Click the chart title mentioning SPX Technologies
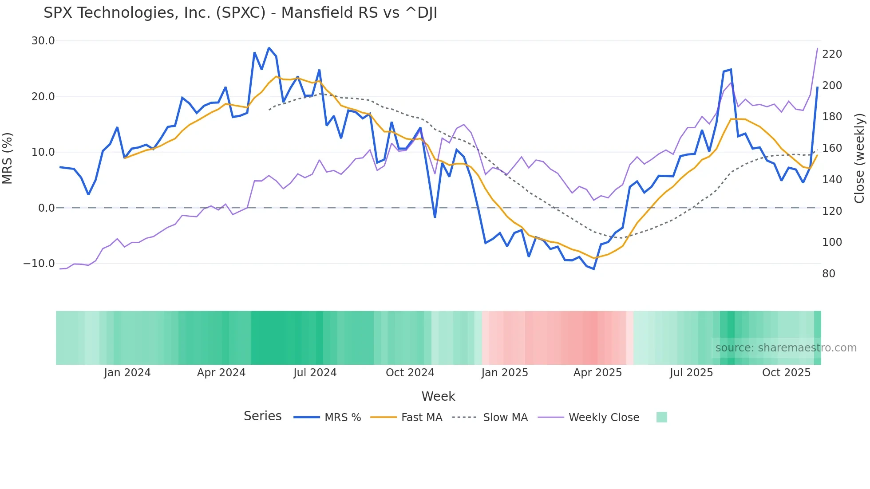pyautogui.click(x=240, y=13)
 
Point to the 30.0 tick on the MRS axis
pyautogui.click(x=43, y=41)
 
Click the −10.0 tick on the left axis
pyautogui.click(x=39, y=264)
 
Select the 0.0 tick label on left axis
pyautogui.click(x=46, y=208)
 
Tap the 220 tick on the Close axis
pyautogui.click(x=832, y=54)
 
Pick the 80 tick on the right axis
pyautogui.click(x=828, y=274)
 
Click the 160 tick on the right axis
pyautogui.click(x=832, y=148)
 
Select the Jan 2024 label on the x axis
pyautogui.click(x=127, y=373)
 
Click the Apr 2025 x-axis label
pyautogui.click(x=597, y=373)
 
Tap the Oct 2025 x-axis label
pyautogui.click(x=786, y=373)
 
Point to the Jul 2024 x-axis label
pyautogui.click(x=315, y=373)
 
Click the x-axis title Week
pyautogui.click(x=438, y=396)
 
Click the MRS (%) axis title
pyautogui.click(x=8, y=158)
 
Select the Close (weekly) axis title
pyautogui.click(x=859, y=158)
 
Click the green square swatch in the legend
pyautogui.click(x=661, y=417)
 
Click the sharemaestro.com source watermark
pyautogui.click(x=786, y=348)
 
